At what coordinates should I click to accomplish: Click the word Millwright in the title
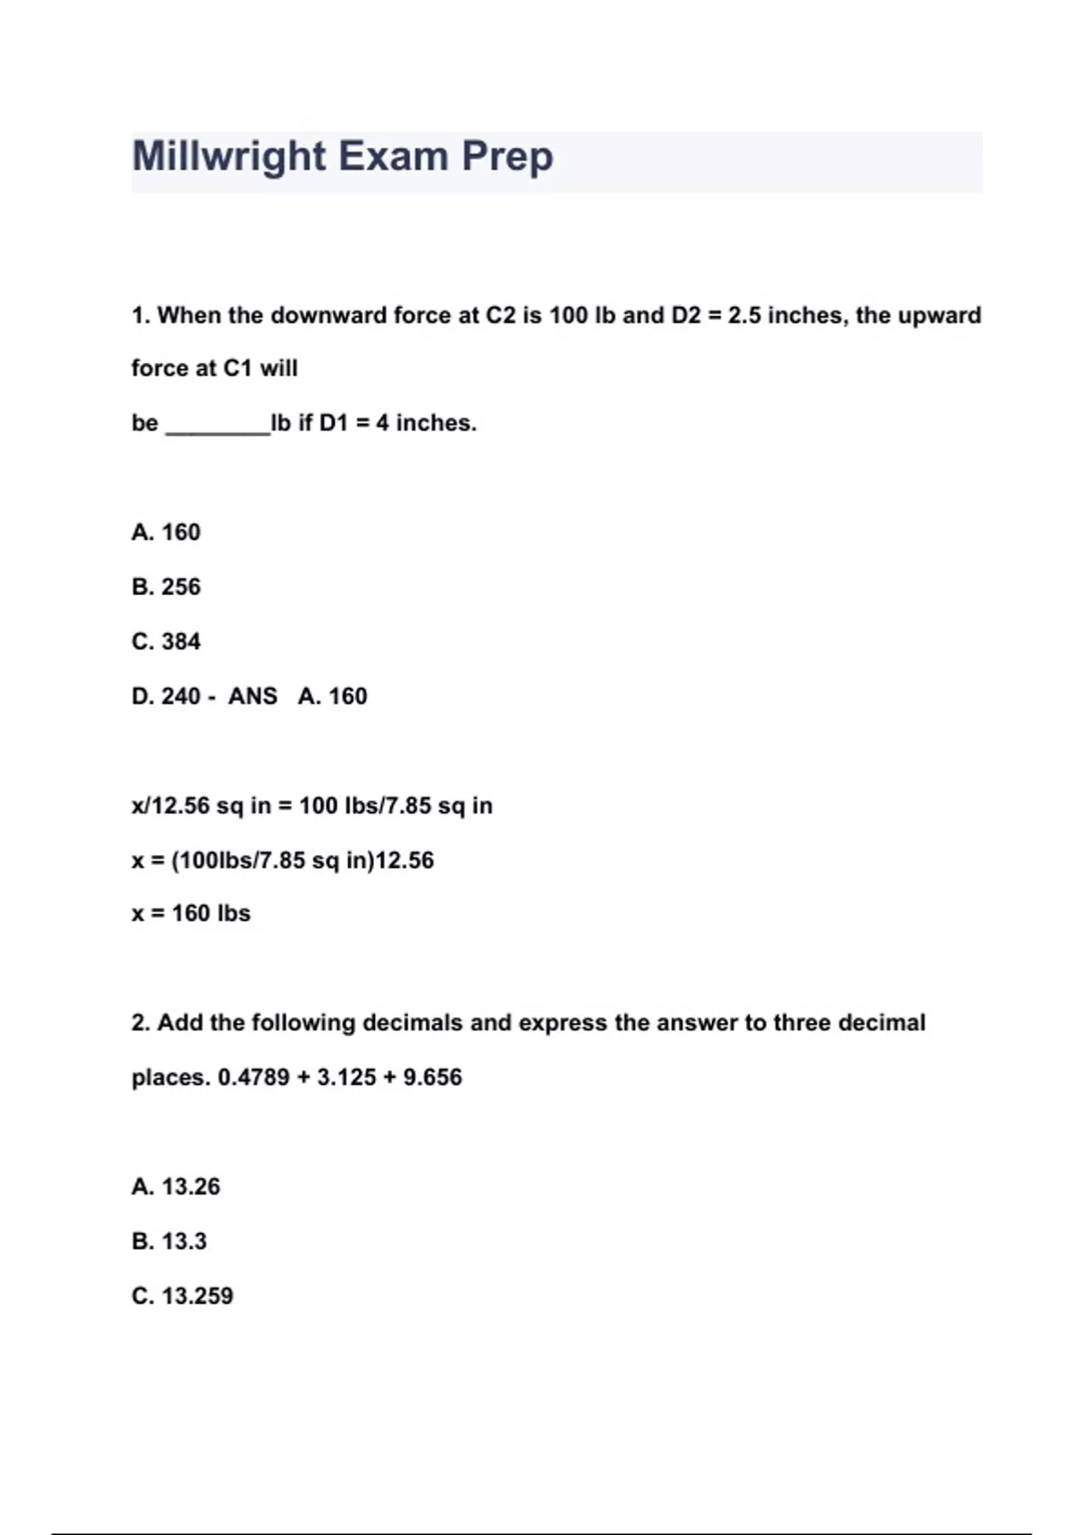(x=229, y=157)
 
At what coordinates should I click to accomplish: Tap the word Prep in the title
(x=507, y=157)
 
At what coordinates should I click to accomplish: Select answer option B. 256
(x=166, y=587)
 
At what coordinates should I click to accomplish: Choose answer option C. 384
(x=166, y=642)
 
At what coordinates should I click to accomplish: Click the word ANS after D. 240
(x=252, y=696)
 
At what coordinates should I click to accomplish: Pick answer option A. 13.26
(x=175, y=1186)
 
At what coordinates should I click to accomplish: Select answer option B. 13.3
(x=169, y=1242)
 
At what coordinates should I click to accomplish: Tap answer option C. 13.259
(x=182, y=1296)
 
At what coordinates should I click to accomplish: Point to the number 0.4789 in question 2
(x=254, y=1077)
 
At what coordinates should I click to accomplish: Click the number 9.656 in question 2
(x=432, y=1077)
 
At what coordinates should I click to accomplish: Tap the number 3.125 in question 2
(x=347, y=1077)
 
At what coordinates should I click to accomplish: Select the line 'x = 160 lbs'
(x=191, y=914)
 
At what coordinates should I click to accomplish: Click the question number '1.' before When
(x=140, y=316)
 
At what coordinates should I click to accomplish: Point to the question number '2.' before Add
(x=140, y=1023)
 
